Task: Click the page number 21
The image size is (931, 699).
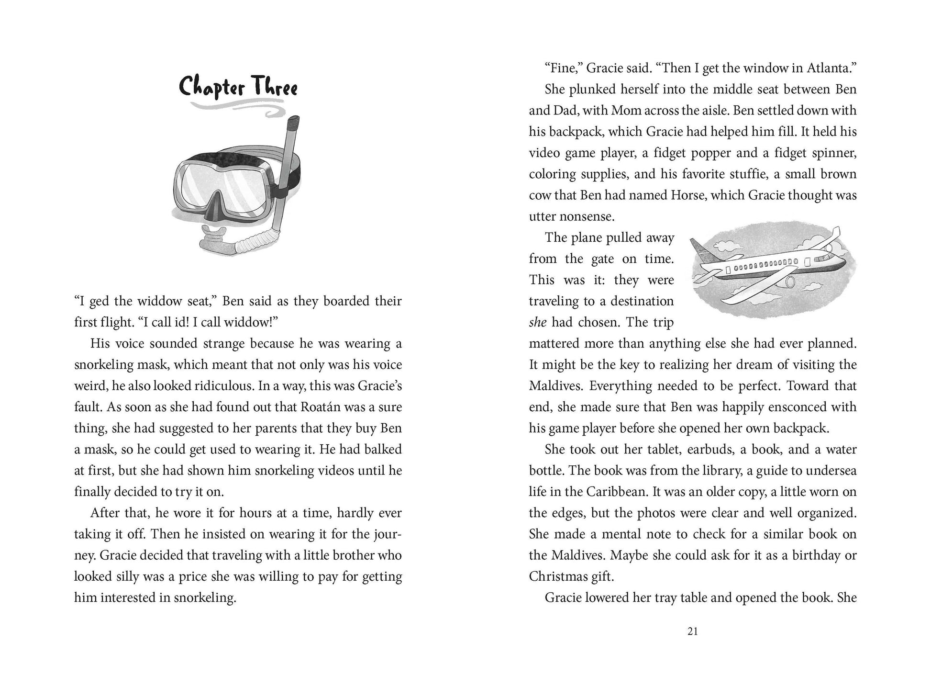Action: click(692, 631)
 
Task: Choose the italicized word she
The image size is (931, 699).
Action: click(538, 322)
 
